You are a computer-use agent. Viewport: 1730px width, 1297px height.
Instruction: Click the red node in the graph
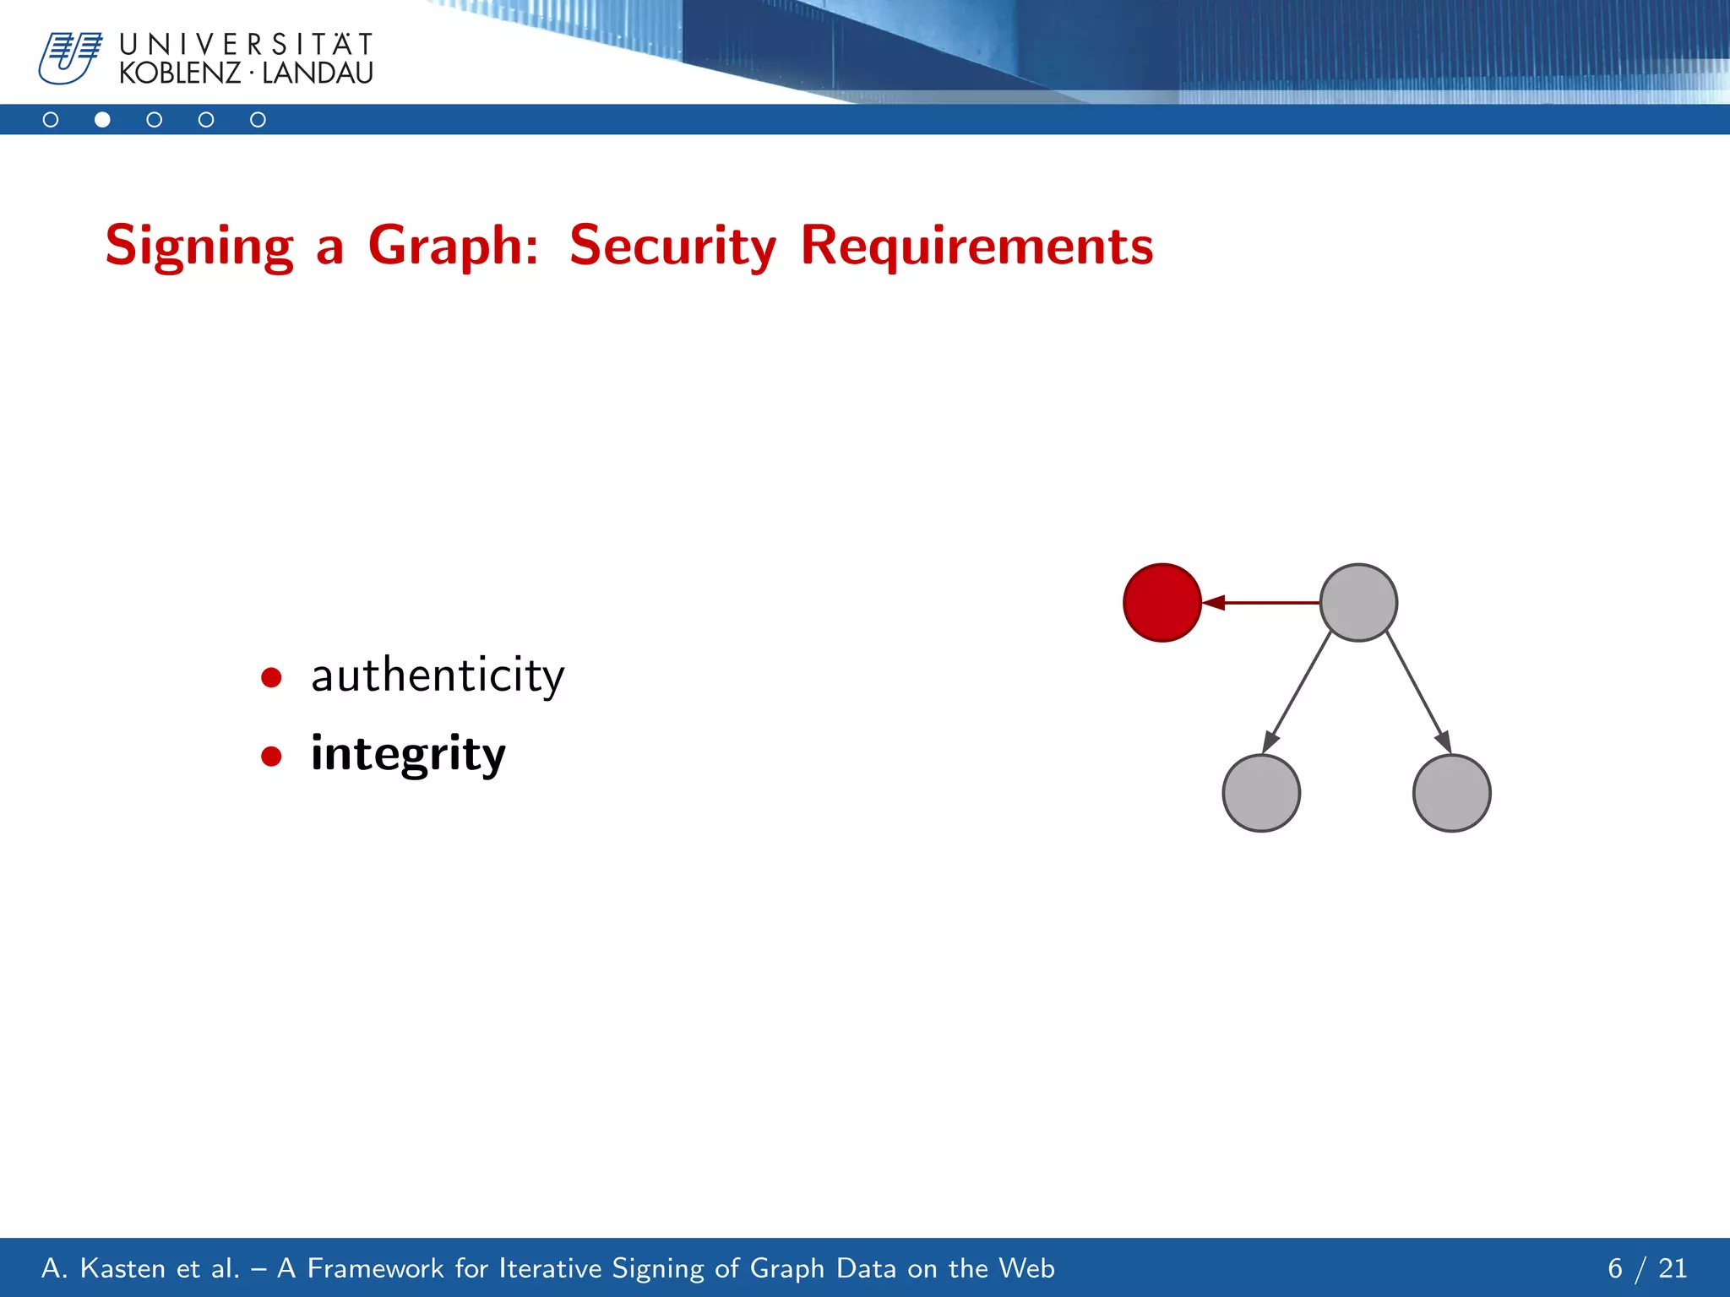[x=1162, y=603]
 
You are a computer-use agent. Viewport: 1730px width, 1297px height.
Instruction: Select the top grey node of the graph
[x=1358, y=603]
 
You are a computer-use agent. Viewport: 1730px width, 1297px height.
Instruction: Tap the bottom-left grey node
[x=1261, y=793]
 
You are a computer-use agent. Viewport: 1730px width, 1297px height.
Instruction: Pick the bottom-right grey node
[x=1451, y=793]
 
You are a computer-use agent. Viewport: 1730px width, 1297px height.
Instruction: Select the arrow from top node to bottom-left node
[x=1298, y=692]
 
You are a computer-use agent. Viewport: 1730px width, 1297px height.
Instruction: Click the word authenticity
[x=438, y=676]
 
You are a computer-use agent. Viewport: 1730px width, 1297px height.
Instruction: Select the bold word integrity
[x=408, y=754]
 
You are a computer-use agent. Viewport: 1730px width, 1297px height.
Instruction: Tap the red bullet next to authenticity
[x=271, y=677]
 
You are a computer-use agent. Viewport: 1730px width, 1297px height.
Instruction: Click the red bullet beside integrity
[x=271, y=756]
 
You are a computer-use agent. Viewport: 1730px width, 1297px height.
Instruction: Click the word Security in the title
[x=672, y=247]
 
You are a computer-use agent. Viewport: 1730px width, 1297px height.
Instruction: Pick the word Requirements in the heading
[x=977, y=247]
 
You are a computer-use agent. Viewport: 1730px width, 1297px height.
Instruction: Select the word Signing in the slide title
[x=199, y=247]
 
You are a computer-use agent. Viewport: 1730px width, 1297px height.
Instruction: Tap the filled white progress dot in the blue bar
[x=102, y=120]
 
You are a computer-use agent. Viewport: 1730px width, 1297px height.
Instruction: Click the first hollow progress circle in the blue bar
[x=51, y=120]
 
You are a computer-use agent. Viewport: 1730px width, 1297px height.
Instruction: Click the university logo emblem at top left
[x=69, y=58]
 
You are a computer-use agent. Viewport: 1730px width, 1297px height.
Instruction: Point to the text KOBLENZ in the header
[x=180, y=73]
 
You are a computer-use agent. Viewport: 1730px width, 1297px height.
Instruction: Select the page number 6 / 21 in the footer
[x=1646, y=1268]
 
